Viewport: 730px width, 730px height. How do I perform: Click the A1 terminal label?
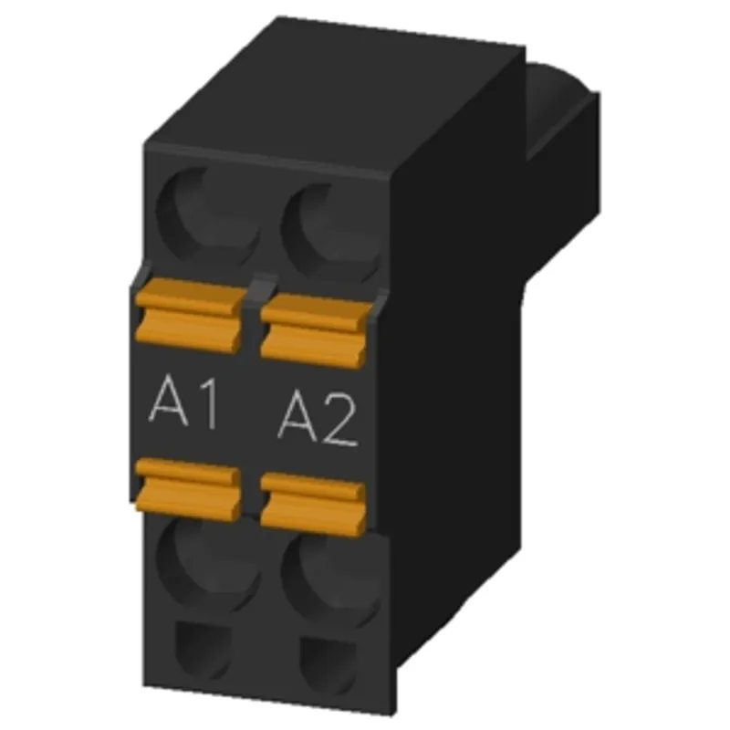pyautogui.click(x=183, y=403)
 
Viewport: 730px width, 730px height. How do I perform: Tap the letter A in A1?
pyautogui.click(x=168, y=401)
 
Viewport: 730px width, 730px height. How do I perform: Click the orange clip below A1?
pyautogui.click(x=188, y=488)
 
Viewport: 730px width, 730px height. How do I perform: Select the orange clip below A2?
pyautogui.click(x=313, y=505)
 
